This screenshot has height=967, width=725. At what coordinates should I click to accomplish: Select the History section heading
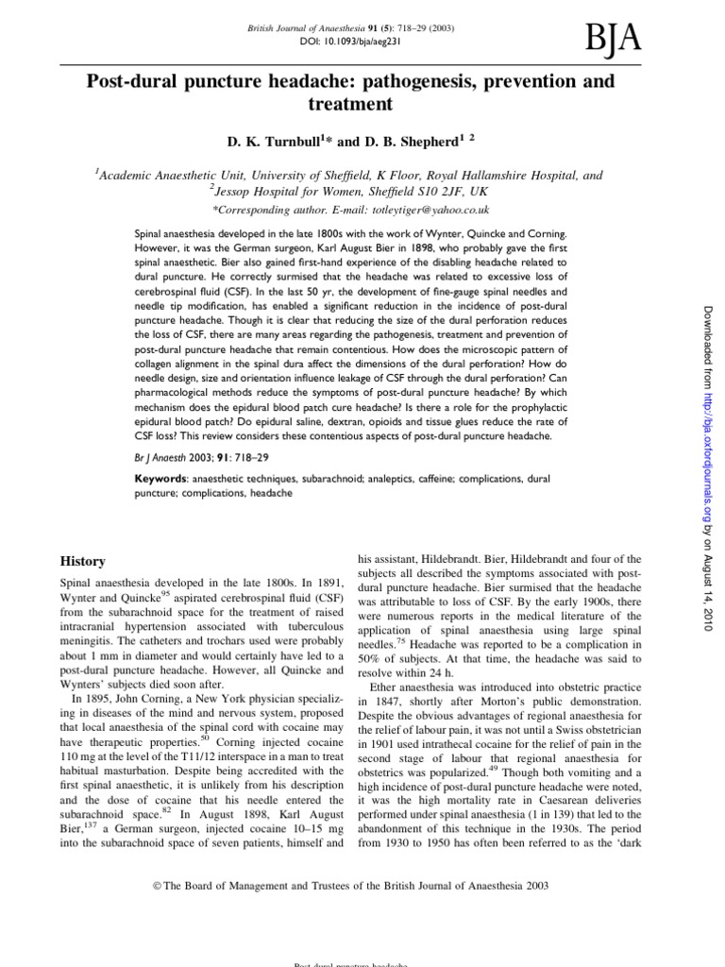(x=83, y=561)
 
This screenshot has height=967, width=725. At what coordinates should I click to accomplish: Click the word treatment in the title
(x=348, y=105)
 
